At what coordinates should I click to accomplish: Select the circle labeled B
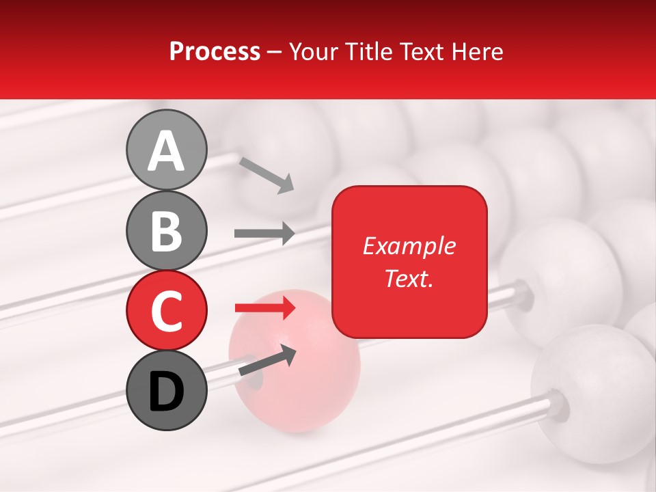[166, 230]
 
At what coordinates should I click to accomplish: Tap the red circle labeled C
[166, 310]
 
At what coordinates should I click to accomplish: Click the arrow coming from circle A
[266, 174]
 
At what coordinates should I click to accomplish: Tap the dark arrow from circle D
[267, 360]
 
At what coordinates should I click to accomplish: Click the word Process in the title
[215, 52]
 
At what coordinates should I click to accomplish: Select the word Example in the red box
[409, 246]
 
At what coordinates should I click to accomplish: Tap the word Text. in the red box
[409, 278]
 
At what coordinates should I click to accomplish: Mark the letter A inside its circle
[166, 150]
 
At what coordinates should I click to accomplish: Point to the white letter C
[166, 310]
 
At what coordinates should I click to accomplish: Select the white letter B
[166, 230]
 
